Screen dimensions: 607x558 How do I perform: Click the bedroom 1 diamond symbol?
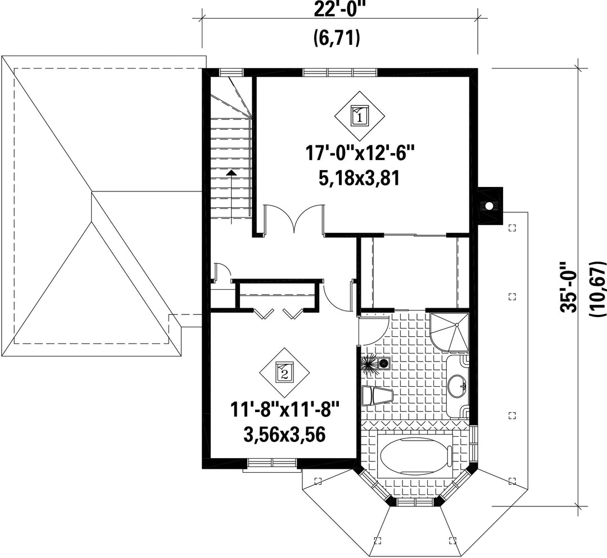[360, 116]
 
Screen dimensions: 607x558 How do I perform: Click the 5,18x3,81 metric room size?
[359, 179]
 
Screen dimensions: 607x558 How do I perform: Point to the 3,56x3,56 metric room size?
[284, 434]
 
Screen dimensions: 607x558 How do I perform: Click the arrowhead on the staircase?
[231, 173]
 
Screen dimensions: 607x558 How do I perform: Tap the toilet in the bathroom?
[378, 396]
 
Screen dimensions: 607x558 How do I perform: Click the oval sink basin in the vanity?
[459, 386]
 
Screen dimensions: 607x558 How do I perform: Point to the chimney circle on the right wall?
[490, 205]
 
